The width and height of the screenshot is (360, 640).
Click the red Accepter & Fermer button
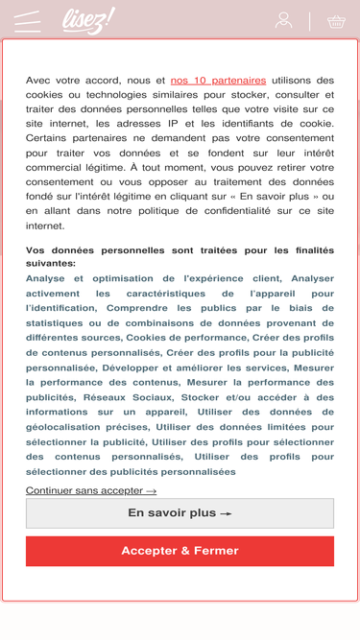[180, 551]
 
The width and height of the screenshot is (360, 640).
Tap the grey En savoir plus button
[180, 513]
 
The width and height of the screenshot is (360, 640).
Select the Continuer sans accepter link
[91, 490]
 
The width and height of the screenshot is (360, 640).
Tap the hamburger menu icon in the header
[28, 21]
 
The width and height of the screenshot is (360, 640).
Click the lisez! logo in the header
[87, 20]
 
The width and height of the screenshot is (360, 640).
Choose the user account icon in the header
[283, 20]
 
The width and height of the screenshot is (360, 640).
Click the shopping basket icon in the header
[336, 21]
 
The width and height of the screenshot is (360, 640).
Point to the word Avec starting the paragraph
[39, 81]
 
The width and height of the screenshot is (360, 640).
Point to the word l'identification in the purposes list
[60, 308]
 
